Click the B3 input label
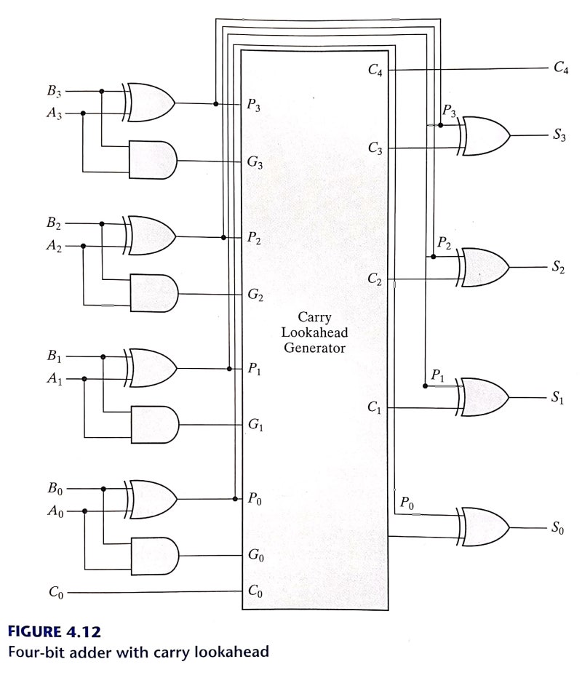[x=55, y=92]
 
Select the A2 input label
[x=55, y=246]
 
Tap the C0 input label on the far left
[x=55, y=592]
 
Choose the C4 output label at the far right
[x=560, y=69]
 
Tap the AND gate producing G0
[x=154, y=556]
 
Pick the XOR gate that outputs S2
[x=483, y=268]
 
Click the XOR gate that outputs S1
[x=483, y=397]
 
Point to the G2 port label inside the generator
[x=255, y=296]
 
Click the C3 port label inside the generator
[x=375, y=149]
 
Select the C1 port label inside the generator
[x=375, y=410]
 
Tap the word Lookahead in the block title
[x=315, y=332]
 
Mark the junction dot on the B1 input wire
[x=103, y=356]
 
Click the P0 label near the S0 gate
[x=407, y=503]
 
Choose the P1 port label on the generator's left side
[x=255, y=370]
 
